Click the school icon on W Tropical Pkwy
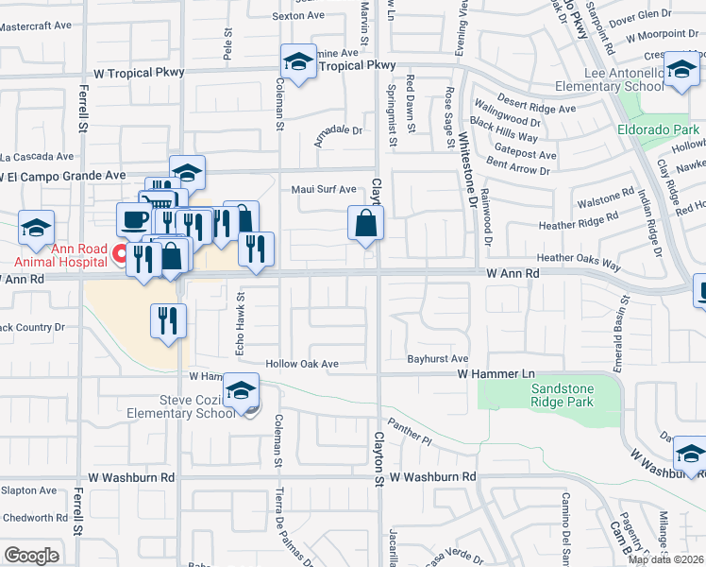(x=299, y=62)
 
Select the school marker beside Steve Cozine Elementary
(x=240, y=390)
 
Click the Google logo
(x=31, y=556)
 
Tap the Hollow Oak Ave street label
(x=301, y=364)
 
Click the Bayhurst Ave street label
(x=438, y=359)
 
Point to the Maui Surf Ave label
(x=324, y=189)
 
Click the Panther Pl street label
(x=409, y=435)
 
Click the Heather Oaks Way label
(x=578, y=258)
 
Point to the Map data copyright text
(x=665, y=559)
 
